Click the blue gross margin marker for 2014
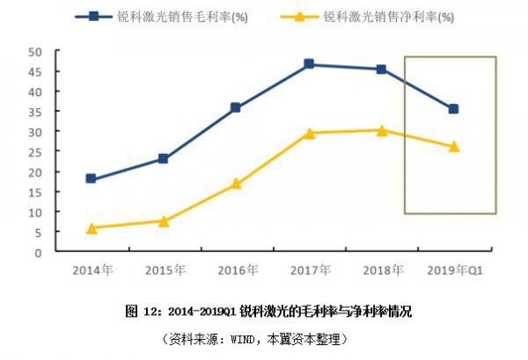click(91, 179)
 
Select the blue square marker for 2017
click(309, 64)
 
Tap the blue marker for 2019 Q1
click(453, 109)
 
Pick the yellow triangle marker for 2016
click(236, 184)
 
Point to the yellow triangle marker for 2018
click(381, 130)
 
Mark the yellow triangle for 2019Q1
click(453, 146)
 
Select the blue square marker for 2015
click(163, 158)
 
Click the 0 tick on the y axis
click(40, 252)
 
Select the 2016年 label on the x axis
click(236, 269)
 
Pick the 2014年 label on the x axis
click(91, 269)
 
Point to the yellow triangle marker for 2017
click(309, 133)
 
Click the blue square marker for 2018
click(381, 69)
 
